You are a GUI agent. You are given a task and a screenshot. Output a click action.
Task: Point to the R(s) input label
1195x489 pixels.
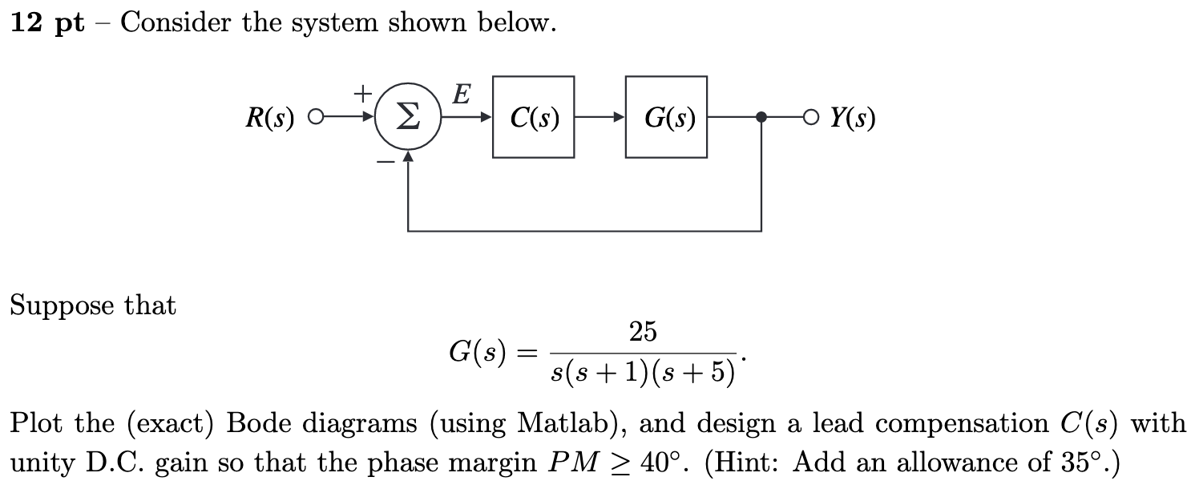[269, 119]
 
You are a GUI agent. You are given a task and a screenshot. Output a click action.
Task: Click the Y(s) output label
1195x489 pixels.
[852, 119]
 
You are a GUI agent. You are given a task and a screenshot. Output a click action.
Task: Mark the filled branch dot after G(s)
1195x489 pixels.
[761, 117]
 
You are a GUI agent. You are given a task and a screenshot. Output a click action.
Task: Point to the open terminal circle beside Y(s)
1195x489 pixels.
[814, 118]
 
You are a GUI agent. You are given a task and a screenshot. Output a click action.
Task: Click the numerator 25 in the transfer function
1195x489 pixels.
[643, 331]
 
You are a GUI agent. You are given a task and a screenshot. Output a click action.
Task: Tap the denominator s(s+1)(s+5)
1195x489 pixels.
[644, 372]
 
